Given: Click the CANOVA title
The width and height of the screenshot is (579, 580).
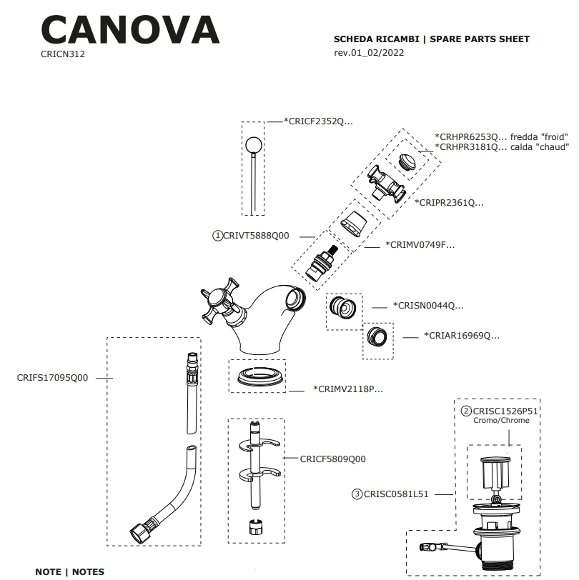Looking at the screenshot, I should pos(130,30).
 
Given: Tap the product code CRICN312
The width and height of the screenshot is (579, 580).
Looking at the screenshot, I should pos(64,54).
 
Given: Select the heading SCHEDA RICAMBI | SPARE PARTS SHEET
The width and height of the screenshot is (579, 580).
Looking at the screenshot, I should pos(432,39).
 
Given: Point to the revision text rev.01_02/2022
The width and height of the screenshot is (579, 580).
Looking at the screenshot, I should pos(368,53).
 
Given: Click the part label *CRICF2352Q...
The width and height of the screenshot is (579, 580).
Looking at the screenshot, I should pos(318,121).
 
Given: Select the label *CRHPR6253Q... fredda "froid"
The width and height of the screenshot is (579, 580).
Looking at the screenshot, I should pos(501,136).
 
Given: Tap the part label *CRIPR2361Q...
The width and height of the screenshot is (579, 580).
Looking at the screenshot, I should pos(449,203).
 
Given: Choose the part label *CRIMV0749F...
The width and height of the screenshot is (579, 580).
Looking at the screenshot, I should pos(420,245).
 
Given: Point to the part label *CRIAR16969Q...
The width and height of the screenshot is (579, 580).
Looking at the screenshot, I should pos(461,335).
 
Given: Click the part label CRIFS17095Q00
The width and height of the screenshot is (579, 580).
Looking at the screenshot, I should pos(52,378).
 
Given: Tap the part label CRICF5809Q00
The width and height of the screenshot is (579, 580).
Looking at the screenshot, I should pos(332,459).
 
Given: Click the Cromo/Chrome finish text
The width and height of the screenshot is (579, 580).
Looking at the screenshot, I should pos(502,421).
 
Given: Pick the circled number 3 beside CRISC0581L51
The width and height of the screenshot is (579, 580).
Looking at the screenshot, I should pos(357,494).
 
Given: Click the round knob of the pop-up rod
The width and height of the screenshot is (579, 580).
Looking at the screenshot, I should pos(253,146).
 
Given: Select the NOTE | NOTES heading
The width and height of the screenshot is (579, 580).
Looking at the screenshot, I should pos(69,571).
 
